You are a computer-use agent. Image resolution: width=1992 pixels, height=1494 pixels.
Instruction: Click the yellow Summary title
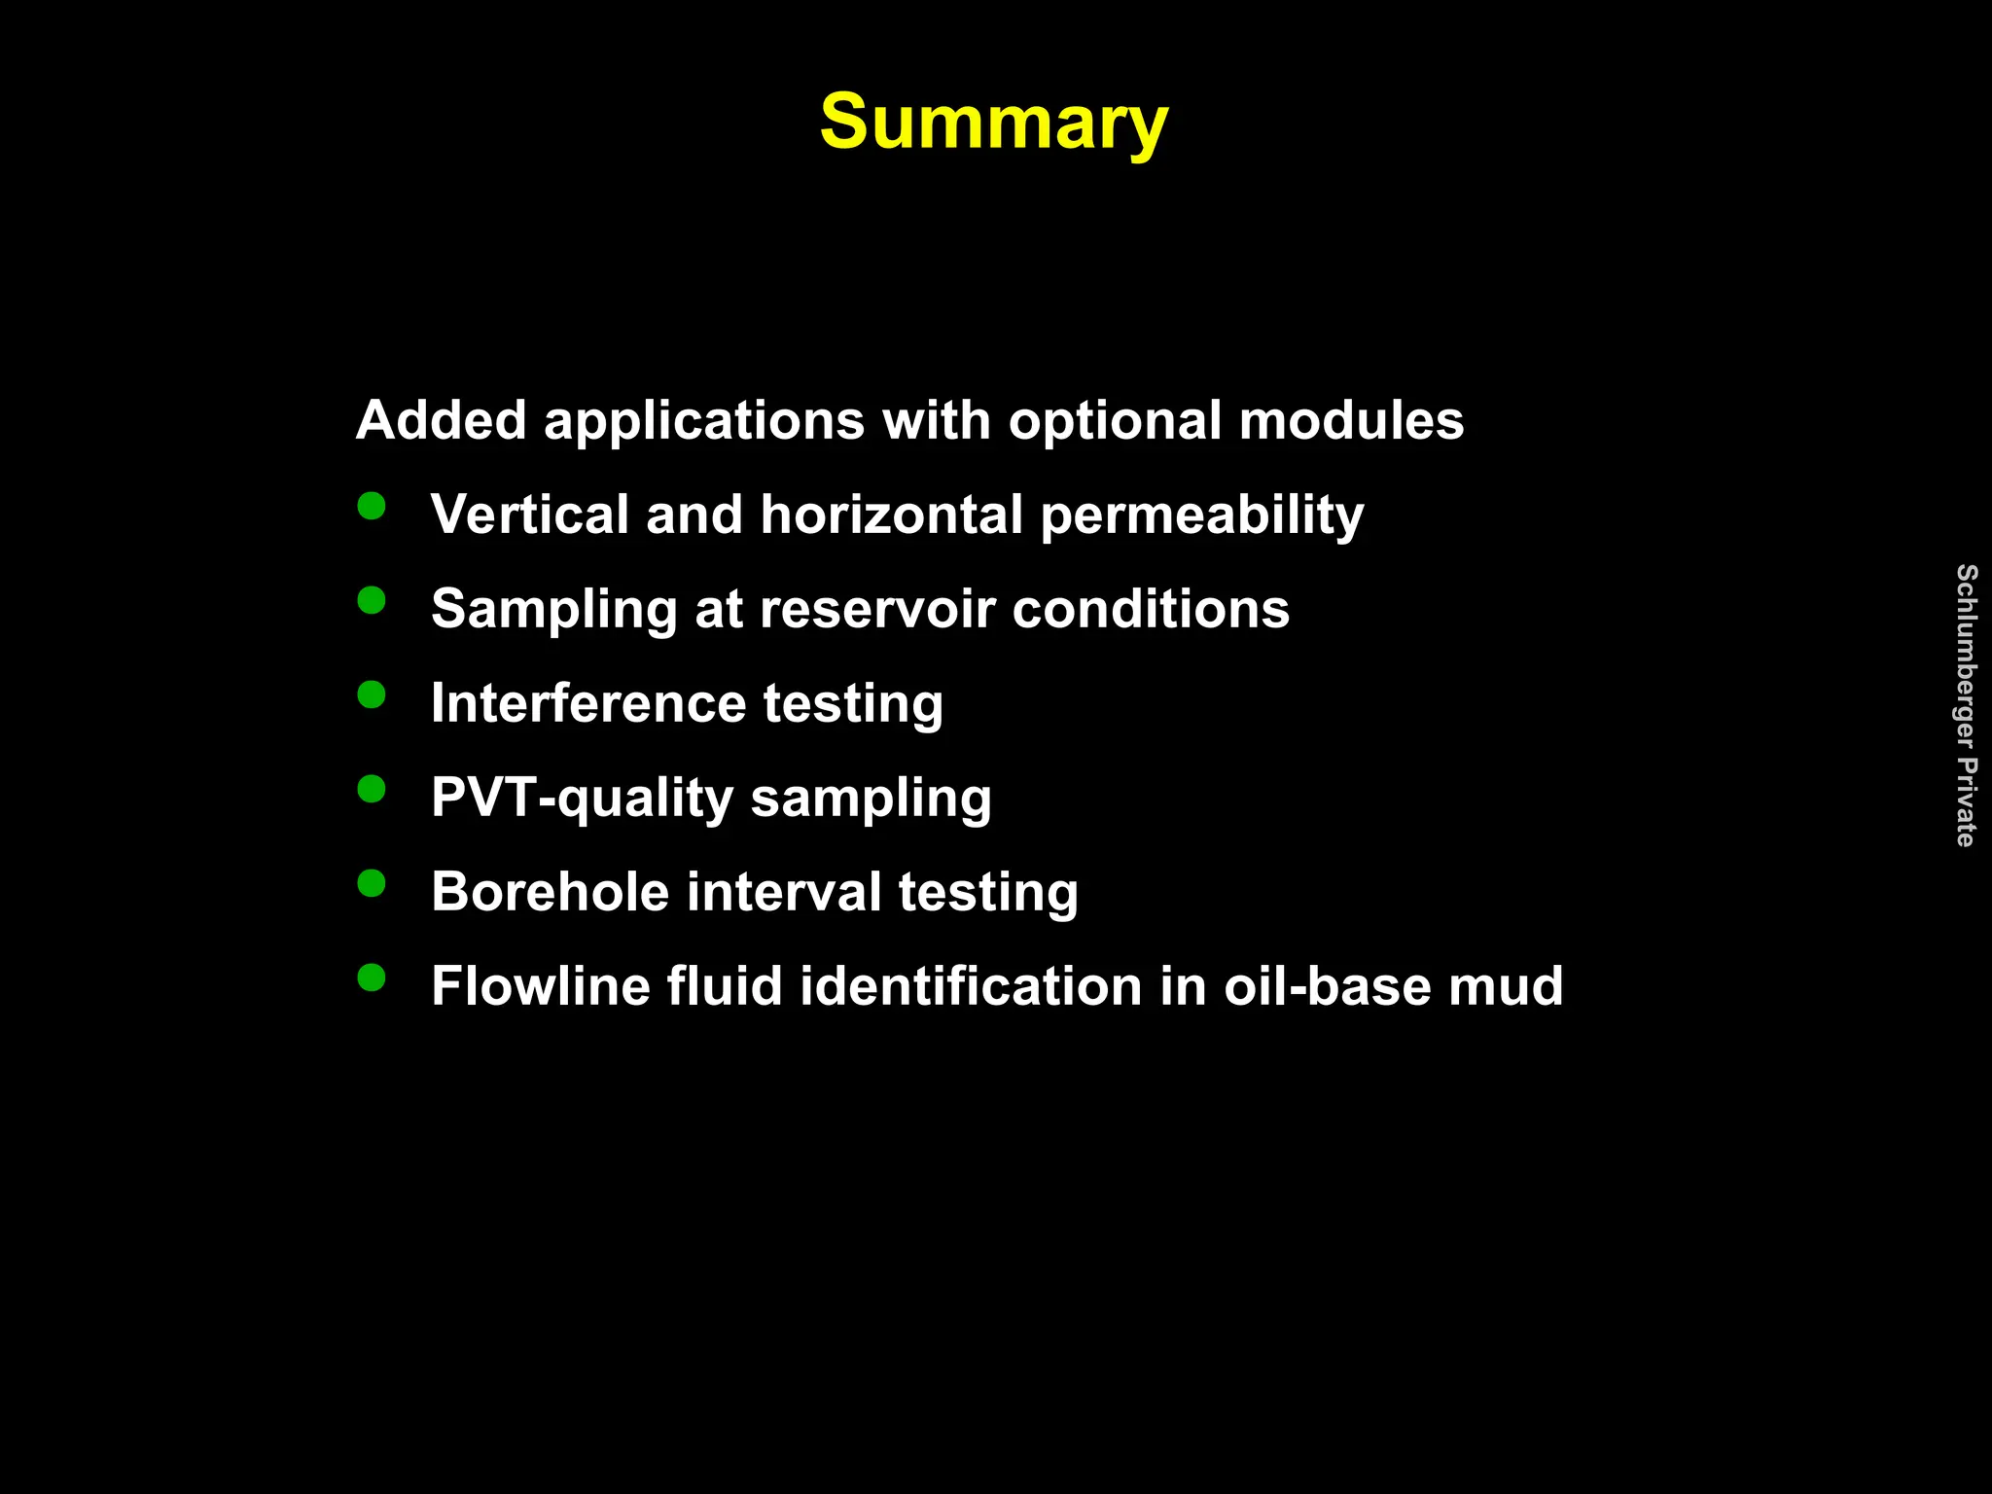993,123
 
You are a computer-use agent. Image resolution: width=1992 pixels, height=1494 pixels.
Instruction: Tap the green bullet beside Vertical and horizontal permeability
372,506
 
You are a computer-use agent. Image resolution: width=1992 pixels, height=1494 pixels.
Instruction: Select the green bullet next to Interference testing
372,694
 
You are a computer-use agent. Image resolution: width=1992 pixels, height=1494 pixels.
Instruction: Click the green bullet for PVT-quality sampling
372,788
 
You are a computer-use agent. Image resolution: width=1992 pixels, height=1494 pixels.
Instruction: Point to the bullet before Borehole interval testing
372,883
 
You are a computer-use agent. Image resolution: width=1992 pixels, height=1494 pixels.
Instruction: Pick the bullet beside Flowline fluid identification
372,977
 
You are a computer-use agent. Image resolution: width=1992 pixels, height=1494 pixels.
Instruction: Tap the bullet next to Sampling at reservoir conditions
372,600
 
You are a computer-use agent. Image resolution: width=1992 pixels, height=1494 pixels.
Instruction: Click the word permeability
1202,516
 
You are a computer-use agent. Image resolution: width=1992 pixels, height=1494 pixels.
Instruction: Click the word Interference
588,703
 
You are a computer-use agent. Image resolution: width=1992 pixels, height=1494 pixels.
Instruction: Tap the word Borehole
550,892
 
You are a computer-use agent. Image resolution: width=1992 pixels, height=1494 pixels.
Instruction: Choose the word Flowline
540,986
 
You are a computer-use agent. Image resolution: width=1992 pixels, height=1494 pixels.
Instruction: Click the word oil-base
1327,986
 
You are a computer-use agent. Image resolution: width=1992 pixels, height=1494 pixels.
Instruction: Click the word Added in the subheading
442,420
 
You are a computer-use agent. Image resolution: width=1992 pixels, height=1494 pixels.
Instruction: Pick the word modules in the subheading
1351,420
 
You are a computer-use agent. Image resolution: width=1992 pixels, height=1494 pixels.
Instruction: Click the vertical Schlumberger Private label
1966,705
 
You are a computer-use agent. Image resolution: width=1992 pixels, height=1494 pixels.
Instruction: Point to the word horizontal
891,515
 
